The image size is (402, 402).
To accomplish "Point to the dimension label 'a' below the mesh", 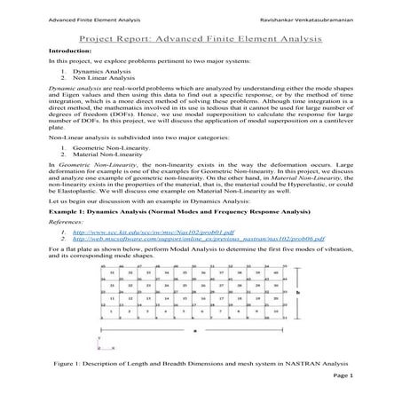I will pyautogui.click(x=193, y=330).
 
